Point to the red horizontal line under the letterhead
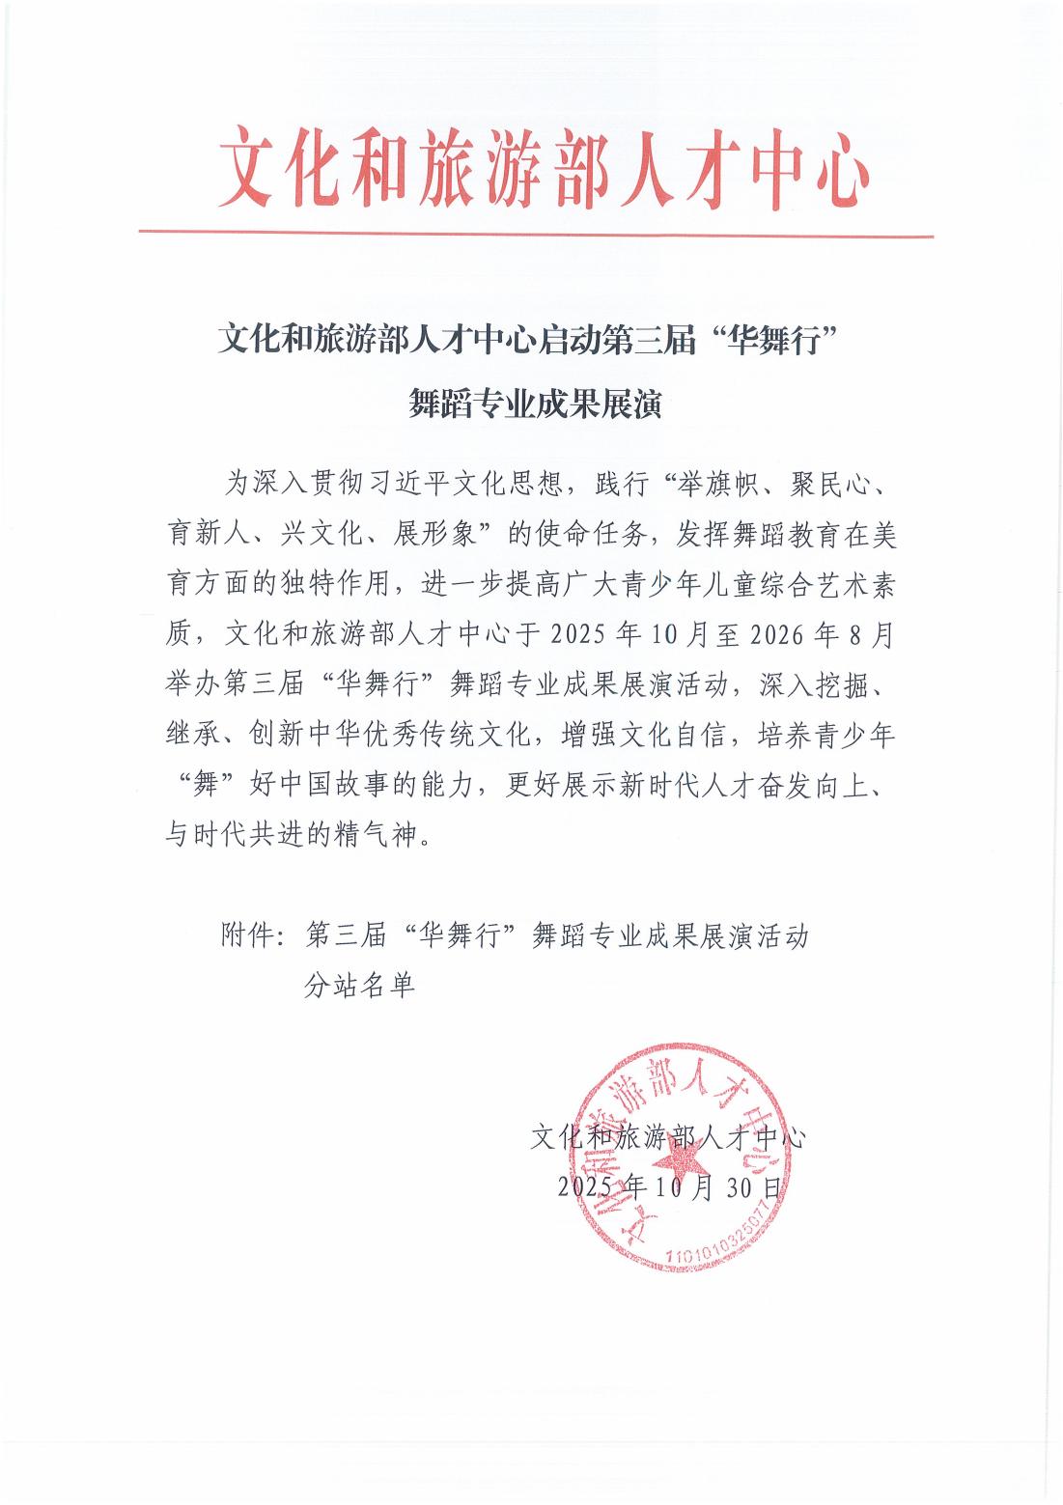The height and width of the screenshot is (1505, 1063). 536,234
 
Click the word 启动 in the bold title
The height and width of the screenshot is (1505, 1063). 572,341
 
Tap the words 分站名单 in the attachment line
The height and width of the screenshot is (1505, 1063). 359,986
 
